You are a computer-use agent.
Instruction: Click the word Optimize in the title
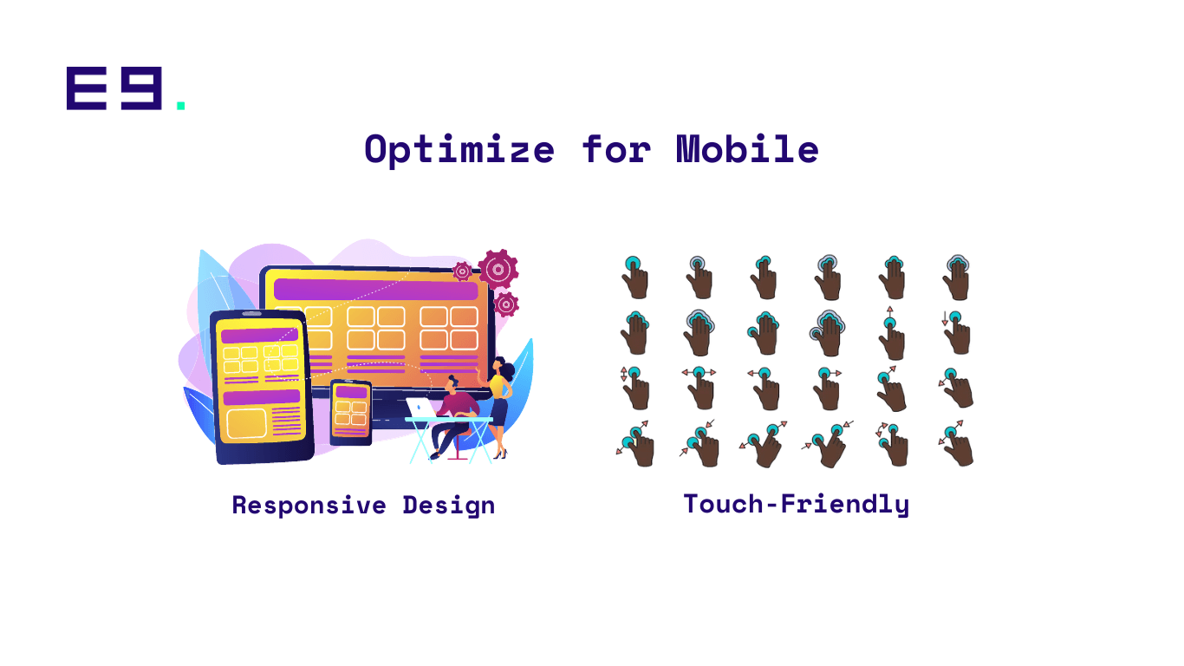[x=459, y=150]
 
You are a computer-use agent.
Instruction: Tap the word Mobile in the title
[x=747, y=148]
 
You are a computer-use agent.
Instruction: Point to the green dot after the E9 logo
[x=181, y=105]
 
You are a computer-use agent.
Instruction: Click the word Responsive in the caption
[x=309, y=506]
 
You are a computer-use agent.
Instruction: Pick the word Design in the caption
[x=449, y=506]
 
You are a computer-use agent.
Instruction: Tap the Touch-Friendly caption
[x=796, y=504]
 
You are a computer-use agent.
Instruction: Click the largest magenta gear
[x=498, y=269]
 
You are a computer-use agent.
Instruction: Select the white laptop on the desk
[x=420, y=408]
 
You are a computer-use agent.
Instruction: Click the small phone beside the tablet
[x=350, y=413]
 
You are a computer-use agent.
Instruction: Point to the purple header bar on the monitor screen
[x=376, y=290]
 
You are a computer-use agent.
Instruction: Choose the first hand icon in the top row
[x=635, y=277]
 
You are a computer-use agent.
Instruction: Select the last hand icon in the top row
[x=957, y=277]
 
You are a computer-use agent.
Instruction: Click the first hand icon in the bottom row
[x=636, y=444]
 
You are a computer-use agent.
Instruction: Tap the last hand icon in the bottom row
[x=957, y=443]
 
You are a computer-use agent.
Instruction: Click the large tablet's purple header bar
[x=259, y=335]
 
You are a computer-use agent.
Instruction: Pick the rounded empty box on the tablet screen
[x=246, y=424]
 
